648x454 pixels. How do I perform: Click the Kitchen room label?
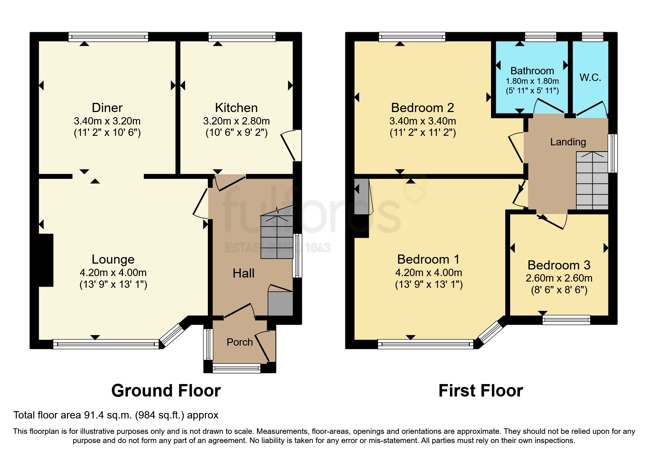click(236, 108)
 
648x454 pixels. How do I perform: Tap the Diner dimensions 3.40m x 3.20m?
click(107, 121)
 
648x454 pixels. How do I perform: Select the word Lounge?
click(113, 259)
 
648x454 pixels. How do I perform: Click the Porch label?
click(240, 342)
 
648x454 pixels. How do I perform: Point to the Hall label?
click(243, 273)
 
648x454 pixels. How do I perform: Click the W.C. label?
click(590, 77)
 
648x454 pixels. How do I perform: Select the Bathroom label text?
click(532, 71)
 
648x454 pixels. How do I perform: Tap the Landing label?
click(568, 142)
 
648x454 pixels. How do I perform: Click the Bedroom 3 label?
click(559, 265)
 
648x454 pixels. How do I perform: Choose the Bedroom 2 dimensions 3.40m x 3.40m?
click(423, 121)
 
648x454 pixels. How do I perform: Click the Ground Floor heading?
click(166, 391)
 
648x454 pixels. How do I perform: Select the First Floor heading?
click(480, 391)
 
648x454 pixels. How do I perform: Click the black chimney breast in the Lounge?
click(46, 260)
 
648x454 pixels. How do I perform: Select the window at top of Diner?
click(108, 37)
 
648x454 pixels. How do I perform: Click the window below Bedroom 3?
click(566, 320)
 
